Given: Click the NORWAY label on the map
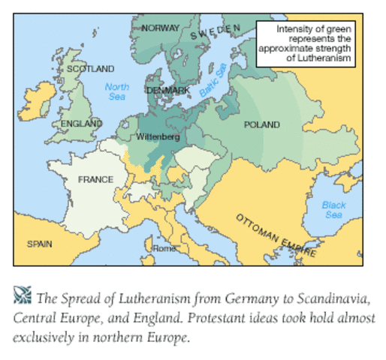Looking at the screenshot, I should (161, 28).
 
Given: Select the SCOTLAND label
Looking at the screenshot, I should (90, 68).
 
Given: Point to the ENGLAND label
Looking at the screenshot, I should (82, 122).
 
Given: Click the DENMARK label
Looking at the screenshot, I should (167, 90).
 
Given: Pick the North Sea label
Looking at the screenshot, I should (116, 91).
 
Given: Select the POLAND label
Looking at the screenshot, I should (262, 124).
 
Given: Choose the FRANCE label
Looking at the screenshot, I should (95, 180).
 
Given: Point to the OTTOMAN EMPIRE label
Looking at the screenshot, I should (276, 233).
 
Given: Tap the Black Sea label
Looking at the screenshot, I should (334, 210).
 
